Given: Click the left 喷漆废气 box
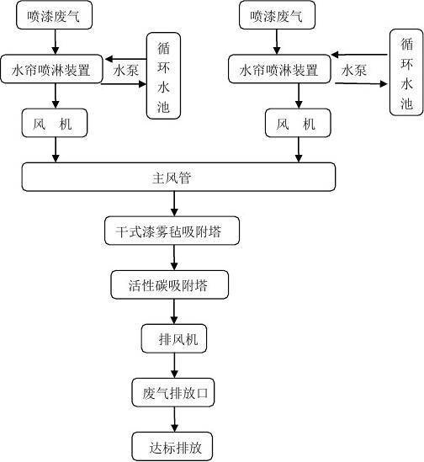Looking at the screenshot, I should pyautogui.click(x=55, y=16).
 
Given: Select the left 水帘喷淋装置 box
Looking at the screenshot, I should pyautogui.click(x=56, y=67).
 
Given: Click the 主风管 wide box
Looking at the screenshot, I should pyautogui.click(x=178, y=177).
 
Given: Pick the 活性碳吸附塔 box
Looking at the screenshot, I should pyautogui.click(x=171, y=285).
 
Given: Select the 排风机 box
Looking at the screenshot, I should pyautogui.click(x=174, y=339).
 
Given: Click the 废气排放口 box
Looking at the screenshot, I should pyautogui.click(x=174, y=392).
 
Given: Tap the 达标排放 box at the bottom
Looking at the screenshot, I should pyautogui.click(x=173, y=445).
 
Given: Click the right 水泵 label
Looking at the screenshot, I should pyautogui.click(x=353, y=72).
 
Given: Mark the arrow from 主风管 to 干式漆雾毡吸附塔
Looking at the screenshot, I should pyautogui.click(x=174, y=204).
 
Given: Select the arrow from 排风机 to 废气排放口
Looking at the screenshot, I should pyautogui.click(x=174, y=365).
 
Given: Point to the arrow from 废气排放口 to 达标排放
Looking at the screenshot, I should pyautogui.click(x=174, y=418).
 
